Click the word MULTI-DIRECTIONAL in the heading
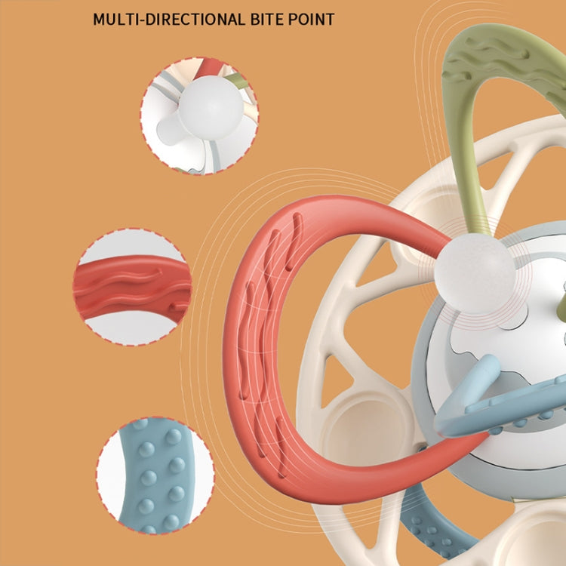pos(169,19)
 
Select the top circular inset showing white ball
pos(198,115)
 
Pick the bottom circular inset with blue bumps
pos(155,475)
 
